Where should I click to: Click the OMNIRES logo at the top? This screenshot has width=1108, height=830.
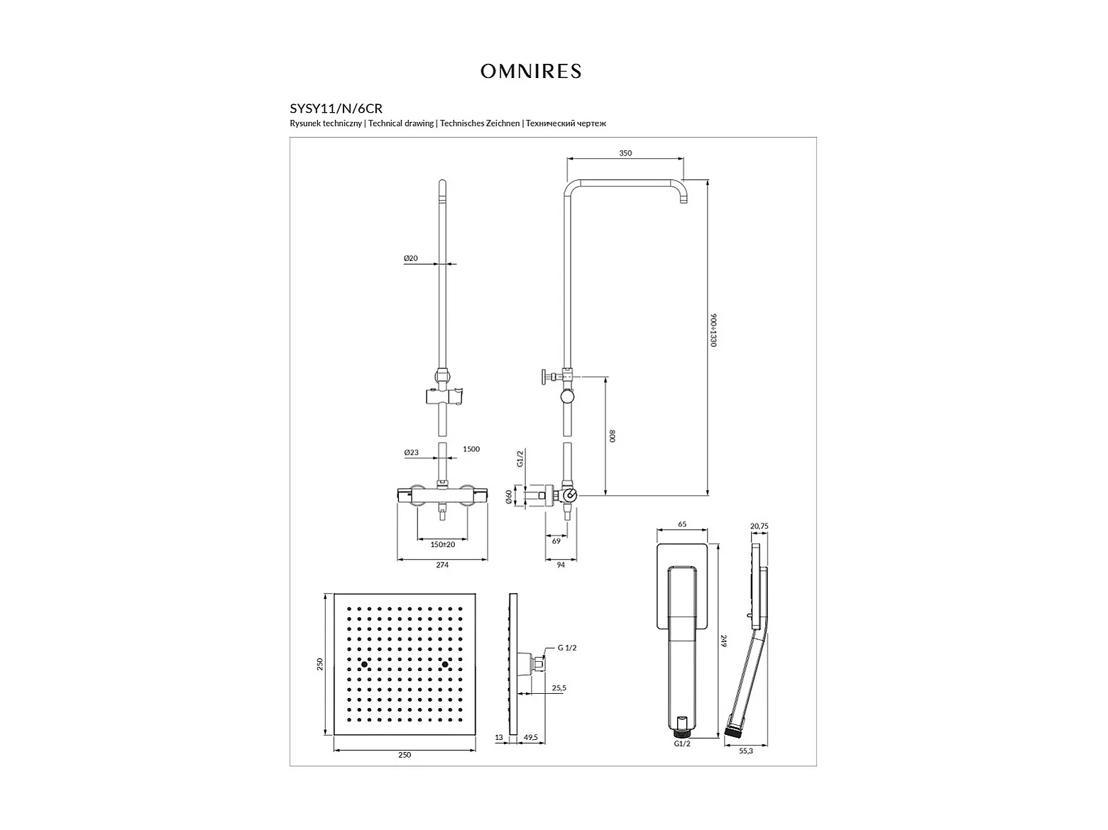point(530,72)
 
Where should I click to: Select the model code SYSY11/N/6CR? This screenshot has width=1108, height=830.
point(336,109)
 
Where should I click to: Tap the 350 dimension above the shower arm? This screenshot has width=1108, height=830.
point(625,153)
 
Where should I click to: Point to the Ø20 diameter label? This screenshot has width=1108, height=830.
point(411,258)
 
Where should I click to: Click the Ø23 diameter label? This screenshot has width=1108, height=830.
point(412,453)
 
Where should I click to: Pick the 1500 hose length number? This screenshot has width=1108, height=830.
point(471,449)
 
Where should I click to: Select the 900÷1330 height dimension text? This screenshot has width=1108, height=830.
point(713,331)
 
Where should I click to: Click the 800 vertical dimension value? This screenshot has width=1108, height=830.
point(613,436)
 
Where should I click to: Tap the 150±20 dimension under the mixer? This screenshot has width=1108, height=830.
point(442,545)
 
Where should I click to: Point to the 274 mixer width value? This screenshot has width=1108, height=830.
point(442,565)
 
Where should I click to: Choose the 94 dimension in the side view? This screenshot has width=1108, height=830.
point(561,565)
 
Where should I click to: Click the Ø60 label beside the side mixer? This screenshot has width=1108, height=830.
point(509,497)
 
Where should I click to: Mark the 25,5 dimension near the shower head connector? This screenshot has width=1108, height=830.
point(559,688)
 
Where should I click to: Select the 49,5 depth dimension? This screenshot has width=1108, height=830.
point(530,737)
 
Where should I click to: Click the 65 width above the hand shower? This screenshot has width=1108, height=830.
point(682,524)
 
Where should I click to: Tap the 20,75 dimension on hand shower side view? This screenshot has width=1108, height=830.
point(759,526)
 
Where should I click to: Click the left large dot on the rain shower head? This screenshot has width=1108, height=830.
point(364,665)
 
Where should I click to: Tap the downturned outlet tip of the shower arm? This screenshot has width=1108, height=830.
point(684,201)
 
